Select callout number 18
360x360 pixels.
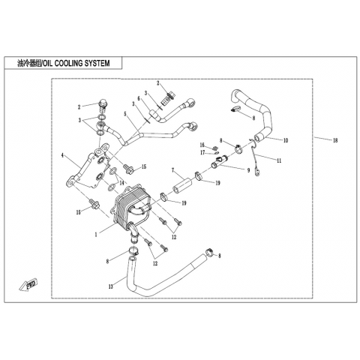pos(335,140)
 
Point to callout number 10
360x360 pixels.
pos(285,140)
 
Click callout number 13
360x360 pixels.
pos(111,286)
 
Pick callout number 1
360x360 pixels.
pos(96,235)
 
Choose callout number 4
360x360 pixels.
pos(62,156)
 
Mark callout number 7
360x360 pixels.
pos(172,170)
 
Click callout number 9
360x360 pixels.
pos(248,170)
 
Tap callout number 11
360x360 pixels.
pos(278,160)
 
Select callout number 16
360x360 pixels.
pos(202,145)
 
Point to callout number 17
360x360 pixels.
pos(202,152)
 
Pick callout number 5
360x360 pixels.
pos(125,114)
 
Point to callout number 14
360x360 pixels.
pos(121,183)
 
